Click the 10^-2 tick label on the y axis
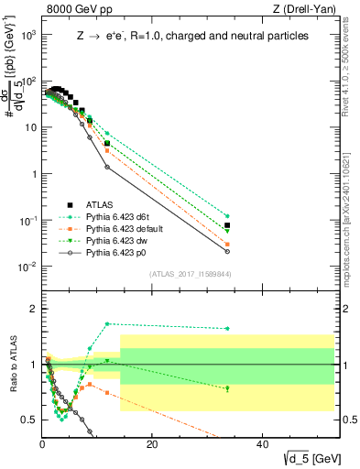[29, 267]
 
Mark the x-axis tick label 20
[152, 446]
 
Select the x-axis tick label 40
[262, 446]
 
